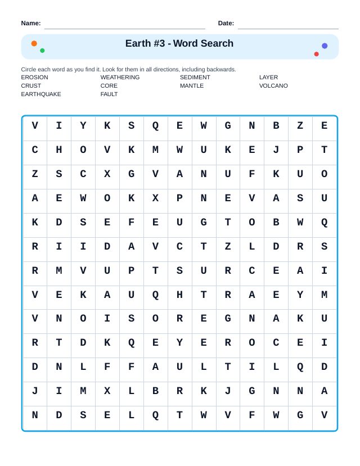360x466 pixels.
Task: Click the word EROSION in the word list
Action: tap(35, 78)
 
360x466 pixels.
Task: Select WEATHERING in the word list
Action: tap(120, 78)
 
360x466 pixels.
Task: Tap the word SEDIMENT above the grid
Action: tap(195, 78)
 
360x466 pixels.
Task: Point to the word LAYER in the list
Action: tap(268, 78)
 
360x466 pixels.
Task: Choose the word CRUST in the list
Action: tap(31, 86)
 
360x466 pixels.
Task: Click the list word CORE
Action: tap(109, 86)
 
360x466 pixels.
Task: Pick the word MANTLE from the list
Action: tap(192, 86)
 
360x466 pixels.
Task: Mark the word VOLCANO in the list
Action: tap(273, 86)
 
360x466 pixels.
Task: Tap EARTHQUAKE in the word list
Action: tap(41, 94)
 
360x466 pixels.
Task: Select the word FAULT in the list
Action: tap(109, 94)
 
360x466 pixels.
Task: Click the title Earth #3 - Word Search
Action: tap(179, 44)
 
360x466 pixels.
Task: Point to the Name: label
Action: tap(31, 23)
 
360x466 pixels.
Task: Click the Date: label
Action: tap(226, 23)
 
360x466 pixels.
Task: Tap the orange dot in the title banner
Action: tap(34, 43)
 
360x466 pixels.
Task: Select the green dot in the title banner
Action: tap(42, 51)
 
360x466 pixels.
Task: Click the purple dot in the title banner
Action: tap(325, 46)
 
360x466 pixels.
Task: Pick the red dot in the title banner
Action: tap(317, 54)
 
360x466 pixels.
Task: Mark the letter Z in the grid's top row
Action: tap(300, 126)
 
